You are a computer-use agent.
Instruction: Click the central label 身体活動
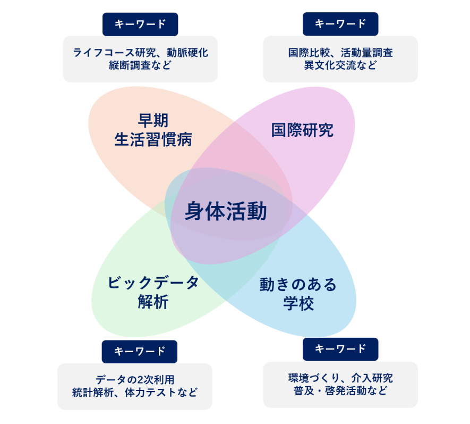(226, 212)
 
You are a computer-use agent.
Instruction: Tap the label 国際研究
(302, 130)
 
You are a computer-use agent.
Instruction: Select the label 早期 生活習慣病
(153, 130)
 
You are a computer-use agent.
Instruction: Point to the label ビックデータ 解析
(153, 292)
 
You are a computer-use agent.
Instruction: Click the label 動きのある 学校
(298, 294)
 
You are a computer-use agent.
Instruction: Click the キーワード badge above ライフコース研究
(140, 24)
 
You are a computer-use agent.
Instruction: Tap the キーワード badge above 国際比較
(340, 24)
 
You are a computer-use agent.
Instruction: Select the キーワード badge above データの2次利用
(140, 351)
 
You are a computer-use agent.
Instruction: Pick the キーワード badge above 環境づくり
(340, 349)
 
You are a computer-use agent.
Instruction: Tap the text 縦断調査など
(140, 65)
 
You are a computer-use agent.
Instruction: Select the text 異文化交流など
(340, 65)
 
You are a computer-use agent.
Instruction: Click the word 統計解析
(93, 393)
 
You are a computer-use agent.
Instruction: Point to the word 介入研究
(372, 378)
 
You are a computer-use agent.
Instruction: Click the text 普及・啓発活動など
(340, 391)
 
